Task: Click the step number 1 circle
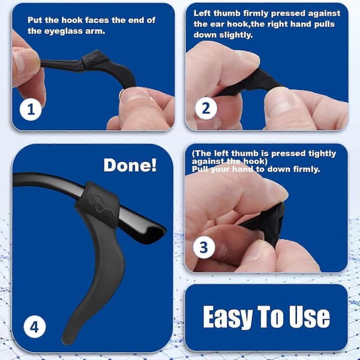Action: coord(31,110)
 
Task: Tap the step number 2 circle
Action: coord(206,108)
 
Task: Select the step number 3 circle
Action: coord(204,247)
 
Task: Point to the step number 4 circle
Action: coord(34,327)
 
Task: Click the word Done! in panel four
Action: coord(130,165)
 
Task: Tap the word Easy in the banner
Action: coord(227,317)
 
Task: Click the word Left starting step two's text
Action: coord(202,13)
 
